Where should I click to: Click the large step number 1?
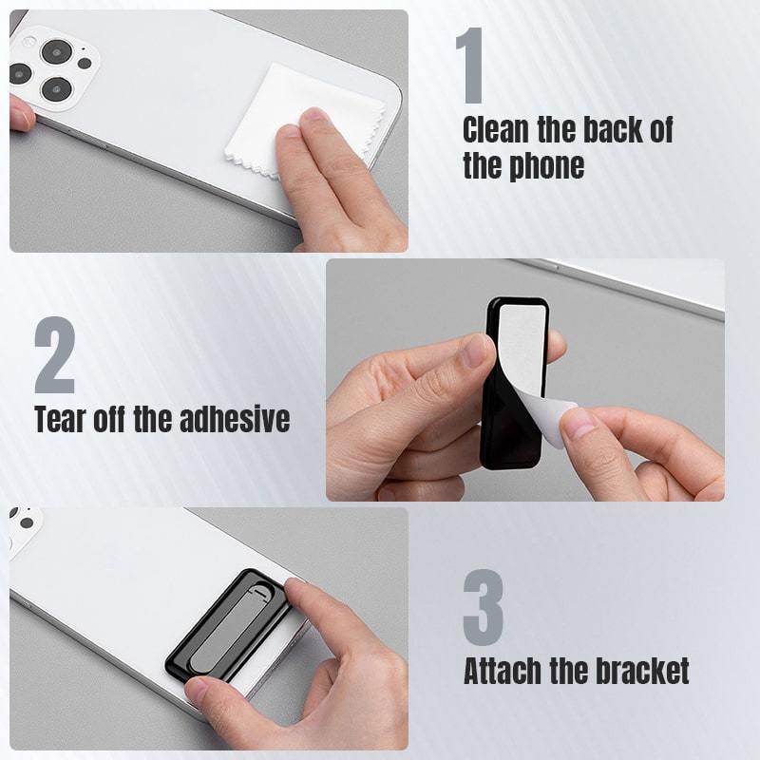click(x=474, y=65)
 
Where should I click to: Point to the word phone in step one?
click(x=549, y=166)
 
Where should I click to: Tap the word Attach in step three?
click(x=502, y=671)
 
